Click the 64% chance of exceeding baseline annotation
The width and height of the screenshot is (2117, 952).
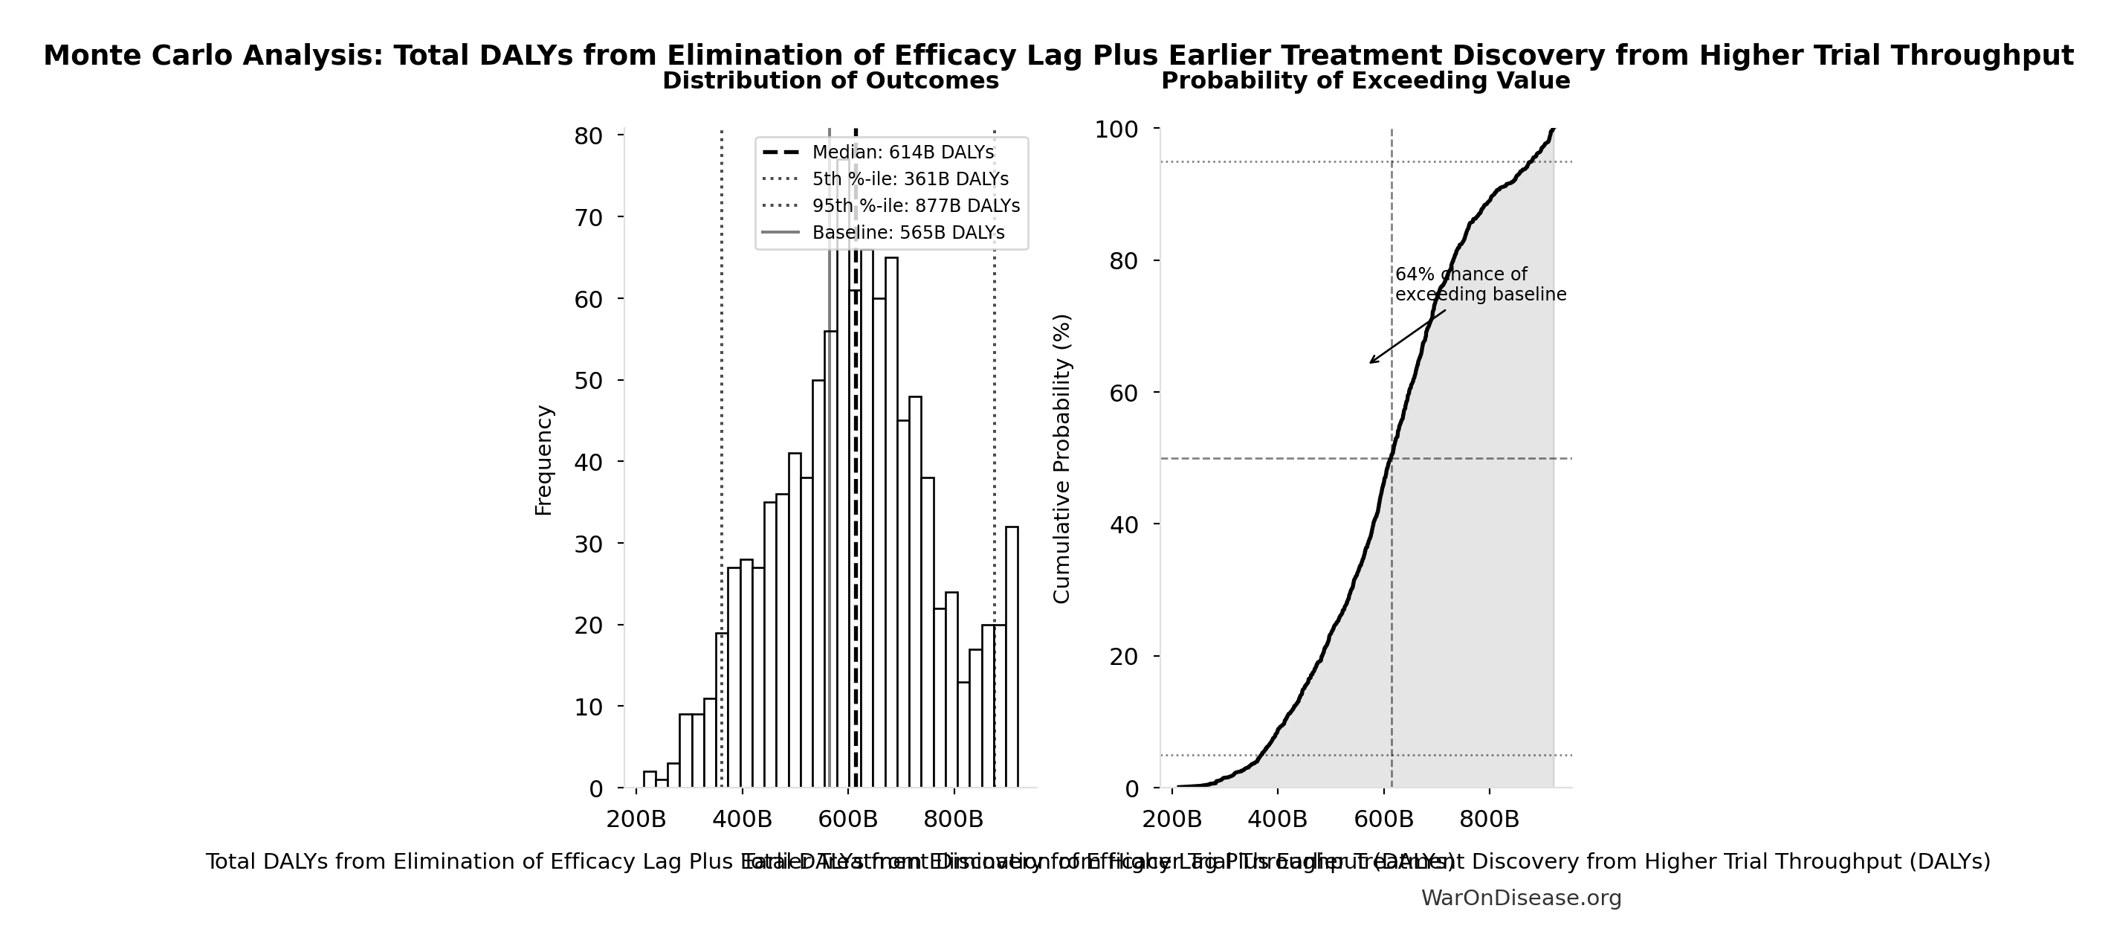1479,284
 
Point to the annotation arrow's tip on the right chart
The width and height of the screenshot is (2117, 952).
1370,362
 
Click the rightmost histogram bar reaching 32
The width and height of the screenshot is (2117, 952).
1012,657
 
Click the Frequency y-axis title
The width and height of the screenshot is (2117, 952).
544,460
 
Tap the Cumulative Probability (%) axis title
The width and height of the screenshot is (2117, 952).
1061,458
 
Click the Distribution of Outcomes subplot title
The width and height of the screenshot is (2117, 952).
830,80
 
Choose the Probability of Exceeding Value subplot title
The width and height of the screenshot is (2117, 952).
1365,80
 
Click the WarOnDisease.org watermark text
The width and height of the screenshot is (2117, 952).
1521,898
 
